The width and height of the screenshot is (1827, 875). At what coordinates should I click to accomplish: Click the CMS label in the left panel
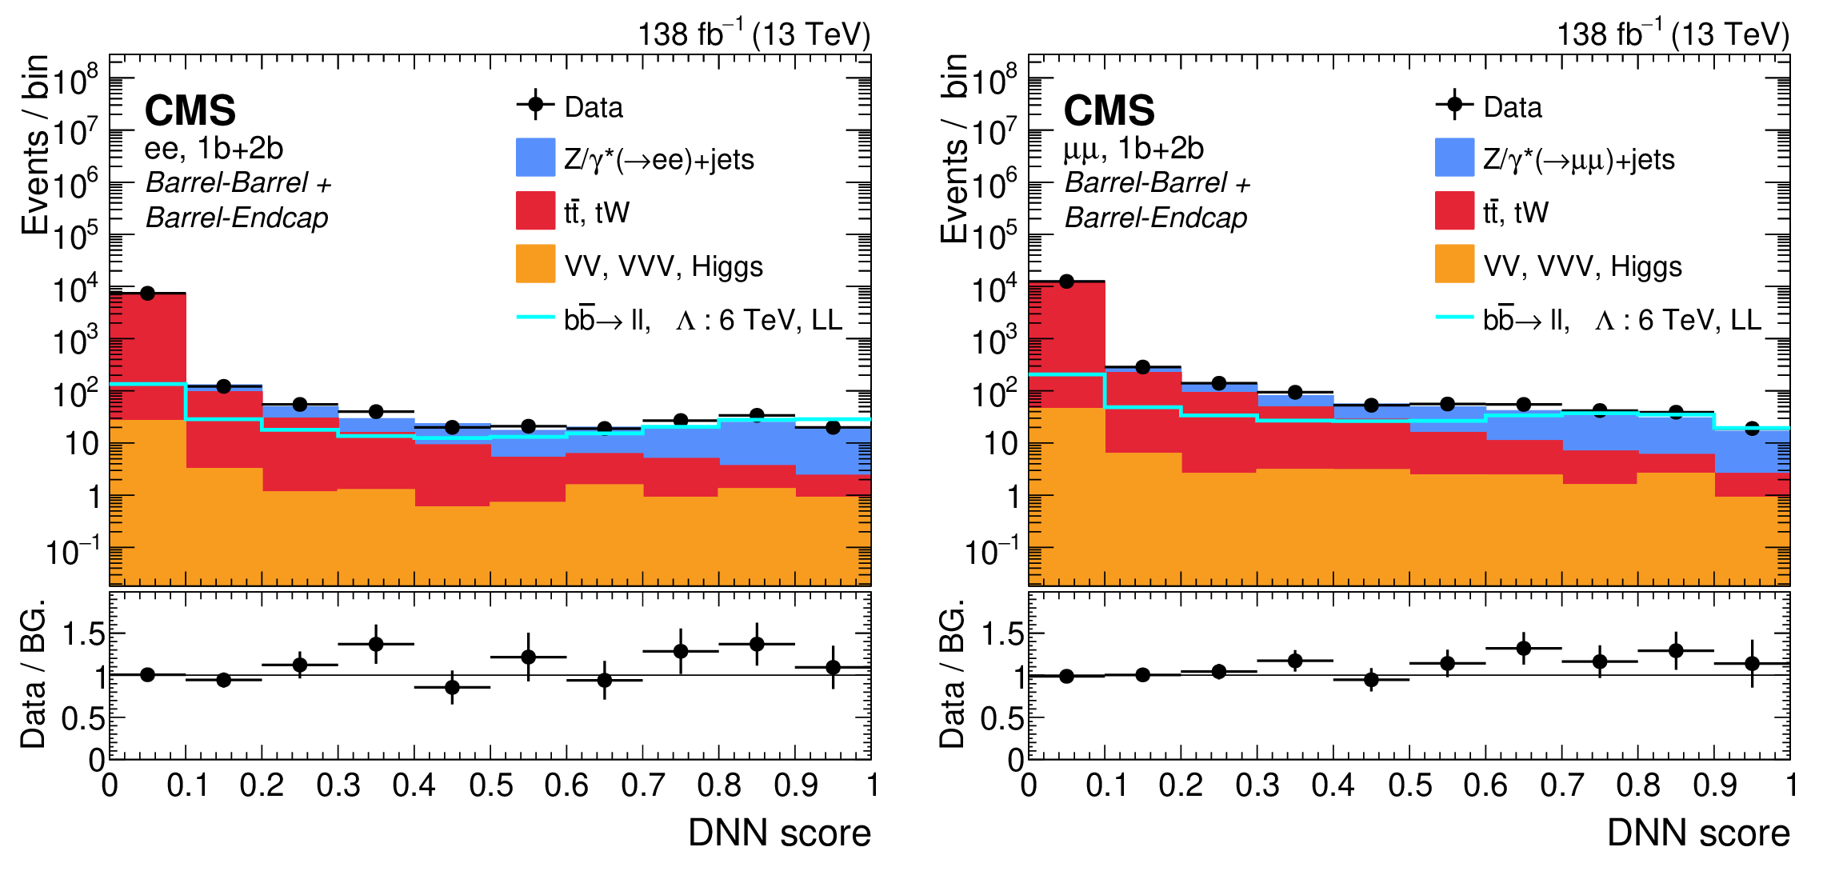pyautogui.click(x=190, y=110)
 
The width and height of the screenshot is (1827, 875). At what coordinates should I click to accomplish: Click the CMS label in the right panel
pyautogui.click(x=1109, y=110)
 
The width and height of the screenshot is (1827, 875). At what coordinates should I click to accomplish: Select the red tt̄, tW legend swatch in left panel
pyautogui.click(x=535, y=211)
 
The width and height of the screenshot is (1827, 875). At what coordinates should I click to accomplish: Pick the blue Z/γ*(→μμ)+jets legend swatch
pyautogui.click(x=1454, y=158)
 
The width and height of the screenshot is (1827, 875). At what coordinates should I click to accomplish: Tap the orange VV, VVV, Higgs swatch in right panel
pyautogui.click(x=1454, y=264)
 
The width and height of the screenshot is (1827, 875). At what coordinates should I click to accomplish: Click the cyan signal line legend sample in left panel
pyautogui.click(x=535, y=318)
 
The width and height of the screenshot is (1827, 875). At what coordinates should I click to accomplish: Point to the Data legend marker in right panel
pyautogui.click(x=1454, y=105)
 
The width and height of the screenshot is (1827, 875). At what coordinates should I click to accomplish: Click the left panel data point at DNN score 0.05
pyautogui.click(x=147, y=294)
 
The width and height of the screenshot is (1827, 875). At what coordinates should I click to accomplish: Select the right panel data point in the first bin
pyautogui.click(x=1066, y=282)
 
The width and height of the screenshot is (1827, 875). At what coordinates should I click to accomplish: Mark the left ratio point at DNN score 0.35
pyautogui.click(x=376, y=644)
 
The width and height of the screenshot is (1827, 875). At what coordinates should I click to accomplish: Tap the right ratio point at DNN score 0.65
pyautogui.click(x=1524, y=648)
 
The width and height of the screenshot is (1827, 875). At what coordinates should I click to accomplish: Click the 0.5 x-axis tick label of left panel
pyautogui.click(x=490, y=785)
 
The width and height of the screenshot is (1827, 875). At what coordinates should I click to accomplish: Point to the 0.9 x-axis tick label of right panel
pyautogui.click(x=1714, y=785)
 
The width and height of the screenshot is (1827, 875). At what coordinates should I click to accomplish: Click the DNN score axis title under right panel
pyautogui.click(x=1698, y=833)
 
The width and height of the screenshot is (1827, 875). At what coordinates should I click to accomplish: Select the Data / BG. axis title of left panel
pyautogui.click(x=34, y=674)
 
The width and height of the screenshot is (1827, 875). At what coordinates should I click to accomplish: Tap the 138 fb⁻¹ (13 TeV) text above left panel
pyautogui.click(x=754, y=34)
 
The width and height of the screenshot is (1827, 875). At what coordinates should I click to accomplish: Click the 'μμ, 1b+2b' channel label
pyautogui.click(x=1133, y=149)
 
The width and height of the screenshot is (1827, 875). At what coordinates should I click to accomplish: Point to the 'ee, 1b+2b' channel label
pyautogui.click(x=214, y=149)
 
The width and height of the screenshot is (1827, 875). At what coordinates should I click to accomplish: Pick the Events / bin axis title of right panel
pyautogui.click(x=953, y=148)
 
